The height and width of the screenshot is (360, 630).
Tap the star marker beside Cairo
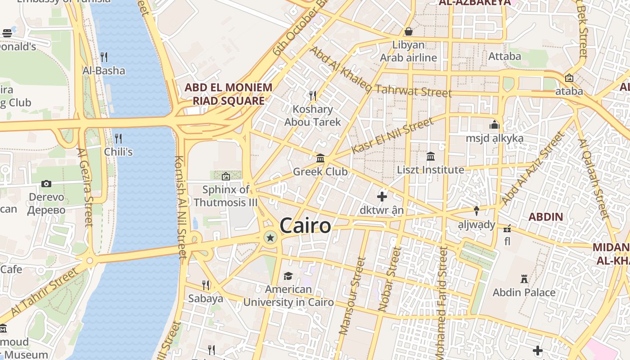tap(270, 238)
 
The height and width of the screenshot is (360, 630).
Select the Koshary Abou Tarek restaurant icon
tap(313, 95)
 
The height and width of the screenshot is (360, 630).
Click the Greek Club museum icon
tap(320, 158)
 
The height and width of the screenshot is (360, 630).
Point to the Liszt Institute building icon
tap(431, 156)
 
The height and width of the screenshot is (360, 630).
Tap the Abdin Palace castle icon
tap(524, 279)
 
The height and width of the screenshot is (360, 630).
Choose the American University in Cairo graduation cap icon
tap(288, 276)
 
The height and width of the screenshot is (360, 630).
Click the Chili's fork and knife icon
tap(118, 138)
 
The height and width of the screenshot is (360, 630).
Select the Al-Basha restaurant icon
tap(104, 57)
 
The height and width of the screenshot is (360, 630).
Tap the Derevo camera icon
tap(46, 184)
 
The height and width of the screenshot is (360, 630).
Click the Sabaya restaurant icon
tap(206, 285)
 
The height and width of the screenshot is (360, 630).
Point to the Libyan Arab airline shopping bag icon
tap(409, 31)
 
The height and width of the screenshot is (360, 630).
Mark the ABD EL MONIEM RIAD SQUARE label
tap(229, 94)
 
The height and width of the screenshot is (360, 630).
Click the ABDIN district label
tap(545, 217)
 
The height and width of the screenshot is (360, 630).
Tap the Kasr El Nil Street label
tap(392, 135)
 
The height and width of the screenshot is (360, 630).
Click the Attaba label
tap(504, 57)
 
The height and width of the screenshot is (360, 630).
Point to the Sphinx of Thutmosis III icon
tap(226, 176)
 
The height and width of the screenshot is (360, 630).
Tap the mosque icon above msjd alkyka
tap(495, 125)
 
